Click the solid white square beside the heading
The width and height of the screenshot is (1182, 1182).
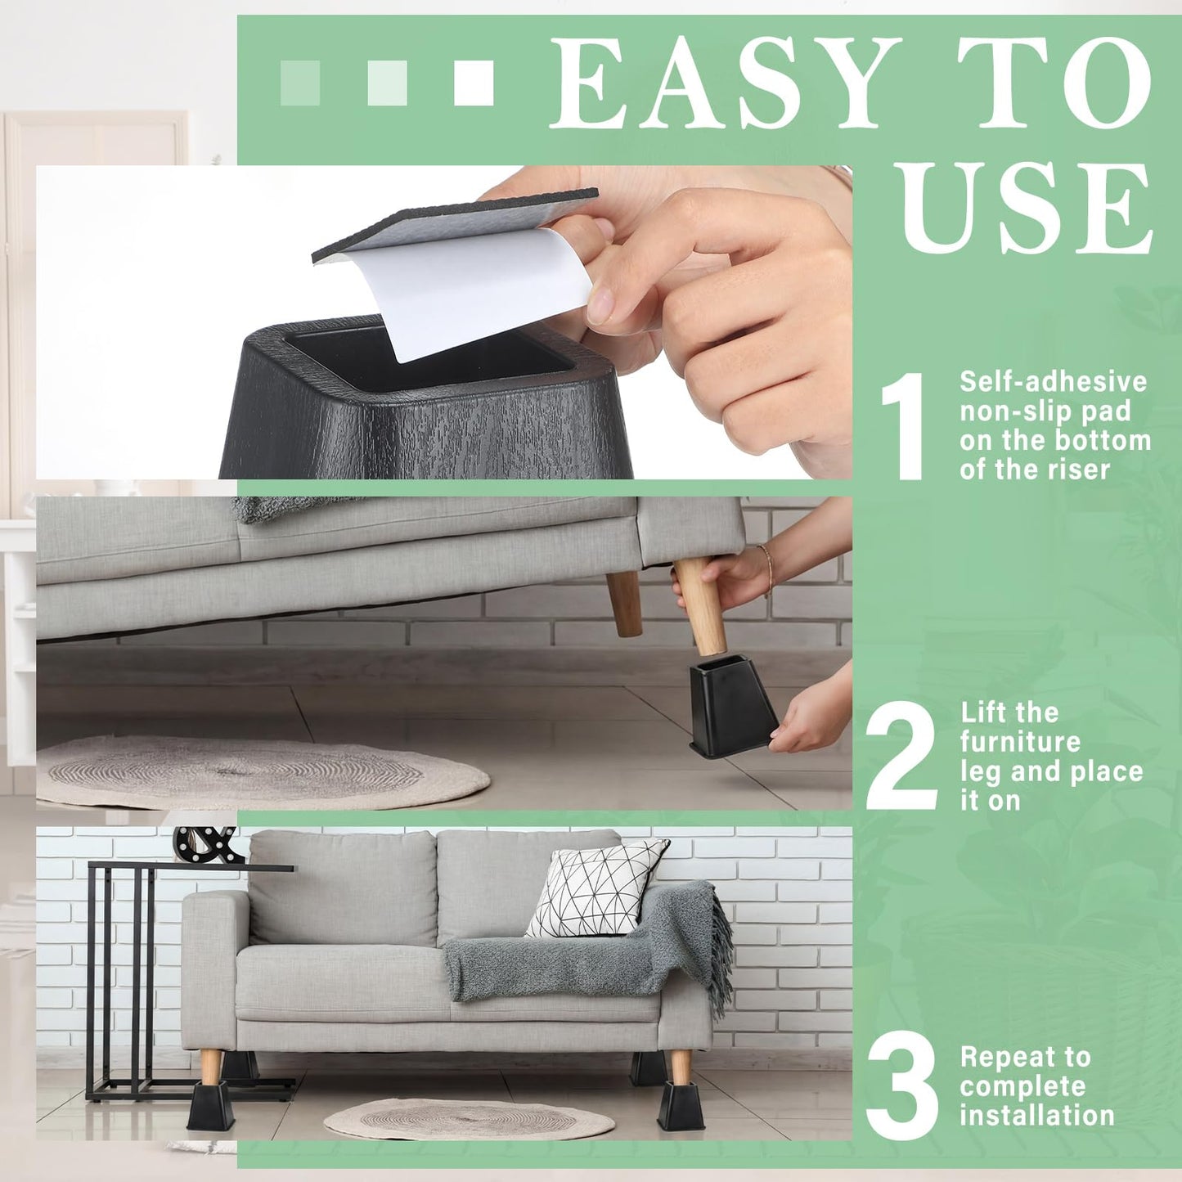[x=474, y=83]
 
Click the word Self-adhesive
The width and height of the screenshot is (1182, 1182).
[x=1054, y=381]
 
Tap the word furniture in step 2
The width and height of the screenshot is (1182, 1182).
[x=1020, y=742]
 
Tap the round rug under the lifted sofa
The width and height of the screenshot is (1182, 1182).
[x=263, y=771]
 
